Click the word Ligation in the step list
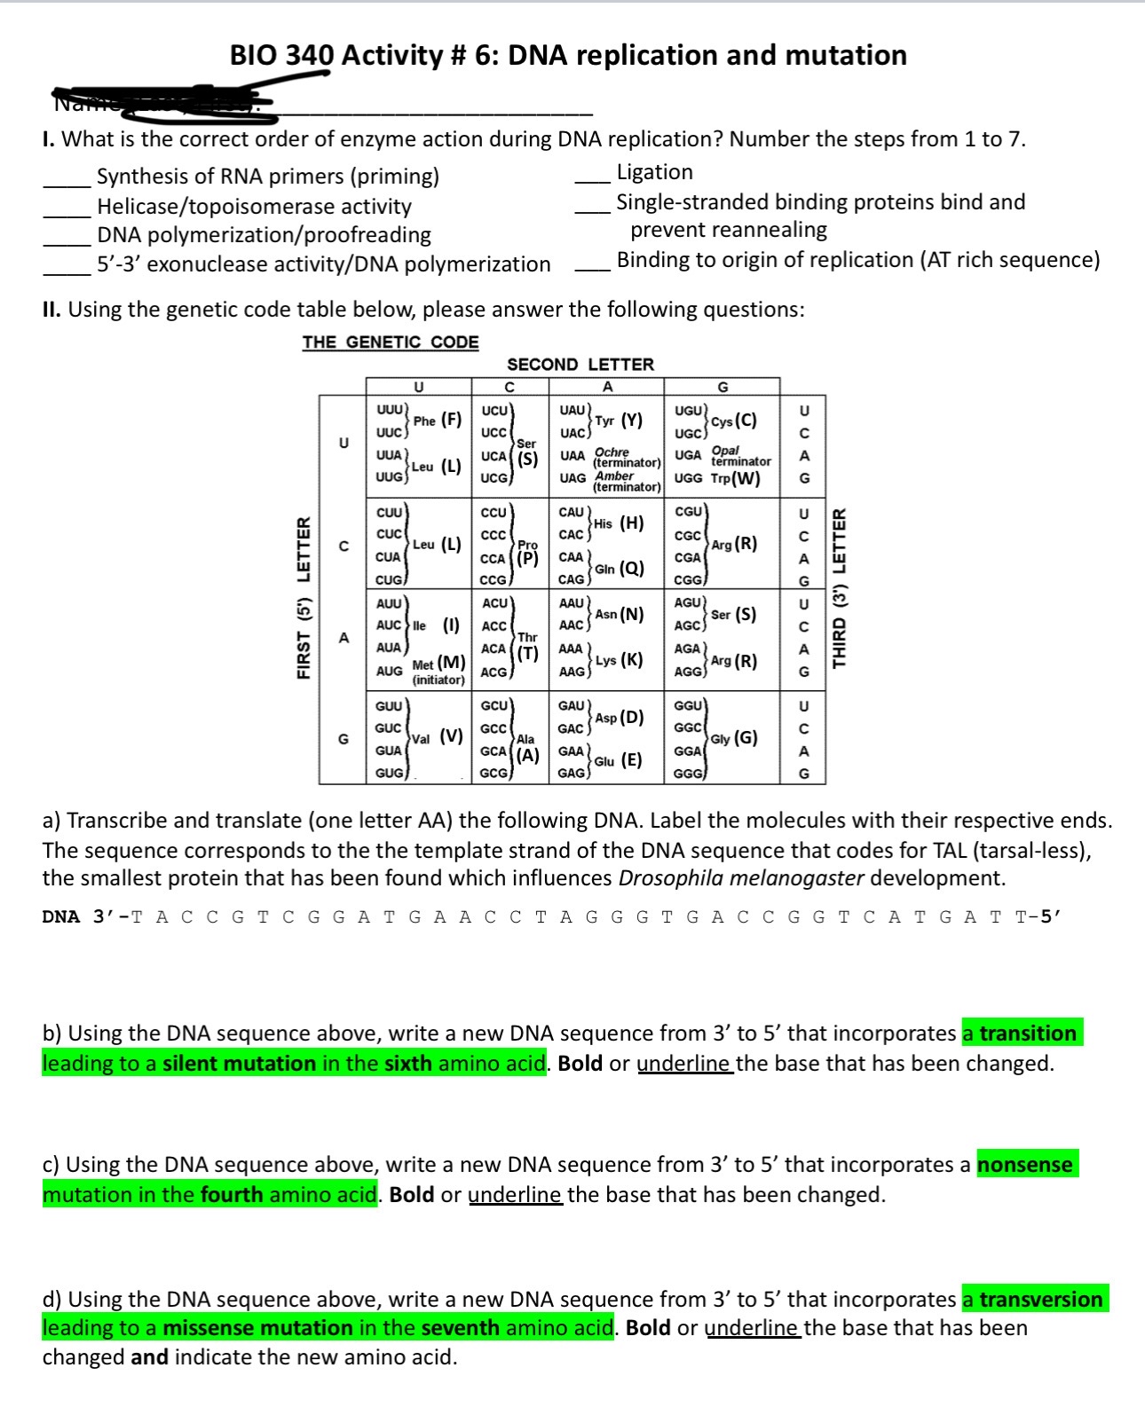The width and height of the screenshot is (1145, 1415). pyautogui.click(x=654, y=172)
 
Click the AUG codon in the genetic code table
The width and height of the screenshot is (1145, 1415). pyautogui.click(x=389, y=671)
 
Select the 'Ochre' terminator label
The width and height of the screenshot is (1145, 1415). pyautogui.click(x=612, y=452)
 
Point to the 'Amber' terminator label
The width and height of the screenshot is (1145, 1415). pyautogui.click(x=613, y=476)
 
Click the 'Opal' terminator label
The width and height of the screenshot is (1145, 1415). pyautogui.click(x=725, y=451)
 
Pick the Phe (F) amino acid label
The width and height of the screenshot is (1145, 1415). pyautogui.click(x=438, y=421)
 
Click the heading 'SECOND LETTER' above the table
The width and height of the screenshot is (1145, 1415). pyautogui.click(x=580, y=365)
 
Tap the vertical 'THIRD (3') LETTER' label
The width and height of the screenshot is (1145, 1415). pyautogui.click(x=839, y=589)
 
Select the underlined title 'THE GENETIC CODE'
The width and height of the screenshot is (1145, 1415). pyautogui.click(x=390, y=342)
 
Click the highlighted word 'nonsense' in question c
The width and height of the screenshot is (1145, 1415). pyautogui.click(x=1025, y=1164)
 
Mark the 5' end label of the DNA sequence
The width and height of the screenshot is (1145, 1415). pyautogui.click(x=1050, y=916)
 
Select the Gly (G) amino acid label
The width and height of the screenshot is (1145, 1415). pyautogui.click(x=734, y=738)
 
